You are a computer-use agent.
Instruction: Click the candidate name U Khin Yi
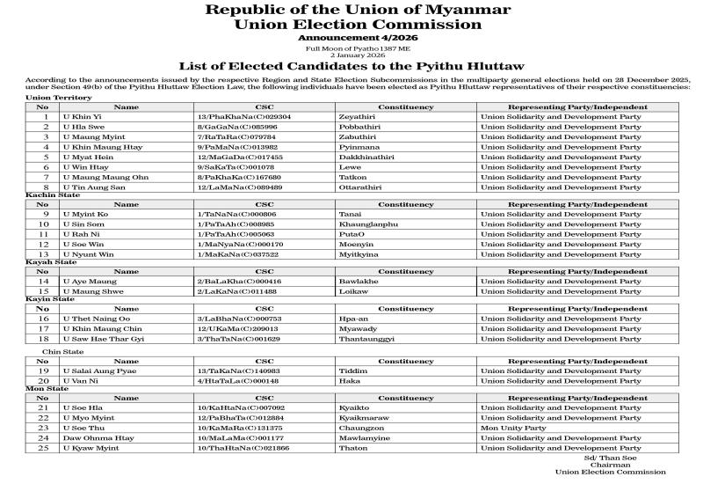pos(82,116)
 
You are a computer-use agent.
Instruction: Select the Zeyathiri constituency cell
pos(357,116)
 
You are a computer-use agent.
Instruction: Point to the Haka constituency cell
pos(349,380)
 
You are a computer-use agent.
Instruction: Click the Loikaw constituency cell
pos(353,290)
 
